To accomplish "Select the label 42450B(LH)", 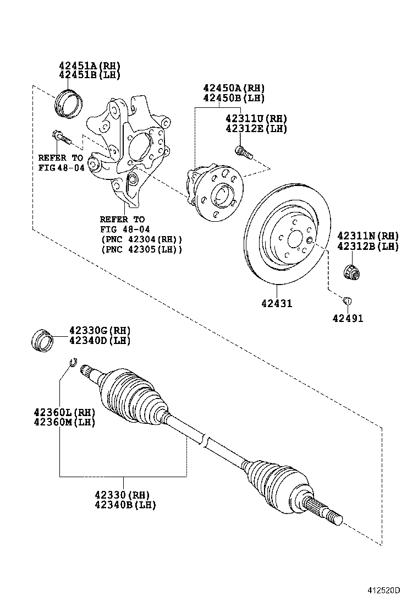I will click(x=233, y=98).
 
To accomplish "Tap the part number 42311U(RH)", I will click(x=256, y=118).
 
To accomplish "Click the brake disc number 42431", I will click(x=277, y=303).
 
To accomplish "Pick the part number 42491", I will click(x=348, y=318).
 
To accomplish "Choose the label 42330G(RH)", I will click(x=100, y=330).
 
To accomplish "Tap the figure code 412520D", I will click(x=384, y=591).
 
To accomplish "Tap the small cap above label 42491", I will click(x=347, y=300).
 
